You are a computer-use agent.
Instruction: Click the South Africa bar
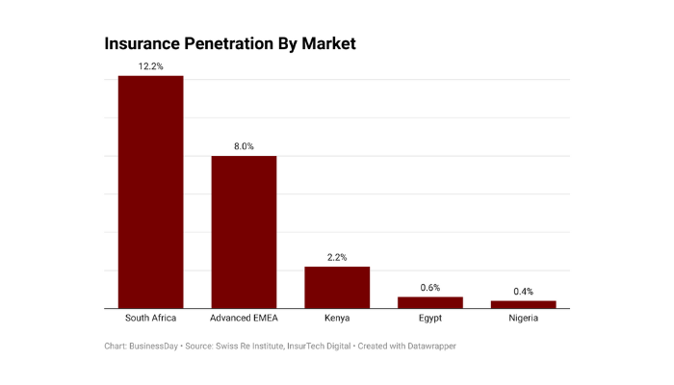150,192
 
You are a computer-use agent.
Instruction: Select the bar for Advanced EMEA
244,232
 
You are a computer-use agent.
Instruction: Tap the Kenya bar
337,287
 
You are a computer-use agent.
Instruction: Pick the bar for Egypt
430,302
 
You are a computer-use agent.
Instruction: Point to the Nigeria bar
524,304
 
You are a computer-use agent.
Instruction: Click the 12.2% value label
150,66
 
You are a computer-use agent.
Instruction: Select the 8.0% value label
244,146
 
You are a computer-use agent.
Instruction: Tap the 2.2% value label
337,257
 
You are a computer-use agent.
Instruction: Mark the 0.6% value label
430,288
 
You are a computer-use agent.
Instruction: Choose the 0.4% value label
524,292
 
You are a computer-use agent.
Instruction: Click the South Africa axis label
150,318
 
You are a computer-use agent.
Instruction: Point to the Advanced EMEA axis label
244,318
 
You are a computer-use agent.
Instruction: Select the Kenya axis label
337,318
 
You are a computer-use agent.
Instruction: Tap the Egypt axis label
430,318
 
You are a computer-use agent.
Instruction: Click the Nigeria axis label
524,318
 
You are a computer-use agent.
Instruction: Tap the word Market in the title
327,44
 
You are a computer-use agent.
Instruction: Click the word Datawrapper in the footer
429,346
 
